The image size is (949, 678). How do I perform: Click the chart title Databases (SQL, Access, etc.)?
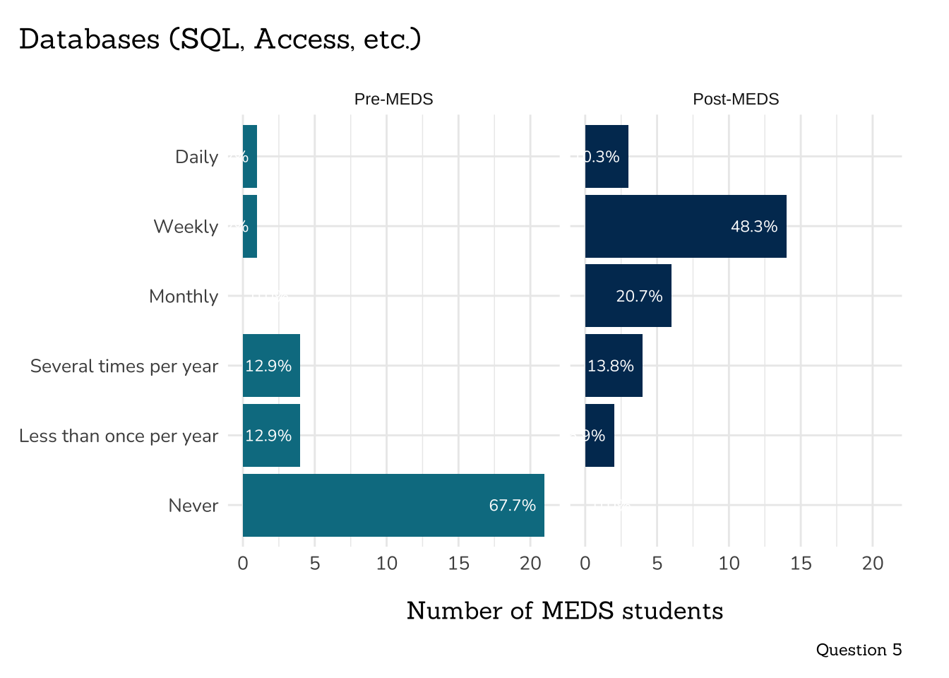220,40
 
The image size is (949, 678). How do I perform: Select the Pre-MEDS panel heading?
393,100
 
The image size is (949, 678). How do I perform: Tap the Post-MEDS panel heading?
736,100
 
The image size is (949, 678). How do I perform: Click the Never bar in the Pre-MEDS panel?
393,506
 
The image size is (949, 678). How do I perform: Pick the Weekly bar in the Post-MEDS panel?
685,227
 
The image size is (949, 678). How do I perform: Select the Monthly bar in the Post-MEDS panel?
628,296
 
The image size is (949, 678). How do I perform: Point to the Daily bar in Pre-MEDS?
250,157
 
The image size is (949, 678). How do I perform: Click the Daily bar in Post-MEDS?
607,157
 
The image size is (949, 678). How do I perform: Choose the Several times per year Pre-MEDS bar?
271,366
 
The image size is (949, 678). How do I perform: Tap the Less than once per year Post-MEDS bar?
599,436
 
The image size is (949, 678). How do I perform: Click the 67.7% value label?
512,506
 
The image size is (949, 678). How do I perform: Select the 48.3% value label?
753,227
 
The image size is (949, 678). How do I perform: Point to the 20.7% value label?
639,297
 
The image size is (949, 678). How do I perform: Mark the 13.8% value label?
611,366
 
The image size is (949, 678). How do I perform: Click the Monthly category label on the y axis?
184,297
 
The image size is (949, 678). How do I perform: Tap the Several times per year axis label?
124,367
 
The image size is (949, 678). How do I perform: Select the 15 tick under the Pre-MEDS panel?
458,564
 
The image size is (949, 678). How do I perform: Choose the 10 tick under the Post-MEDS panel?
729,564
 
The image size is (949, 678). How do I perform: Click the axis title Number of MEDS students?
565,611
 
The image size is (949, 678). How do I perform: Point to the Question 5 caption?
859,650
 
